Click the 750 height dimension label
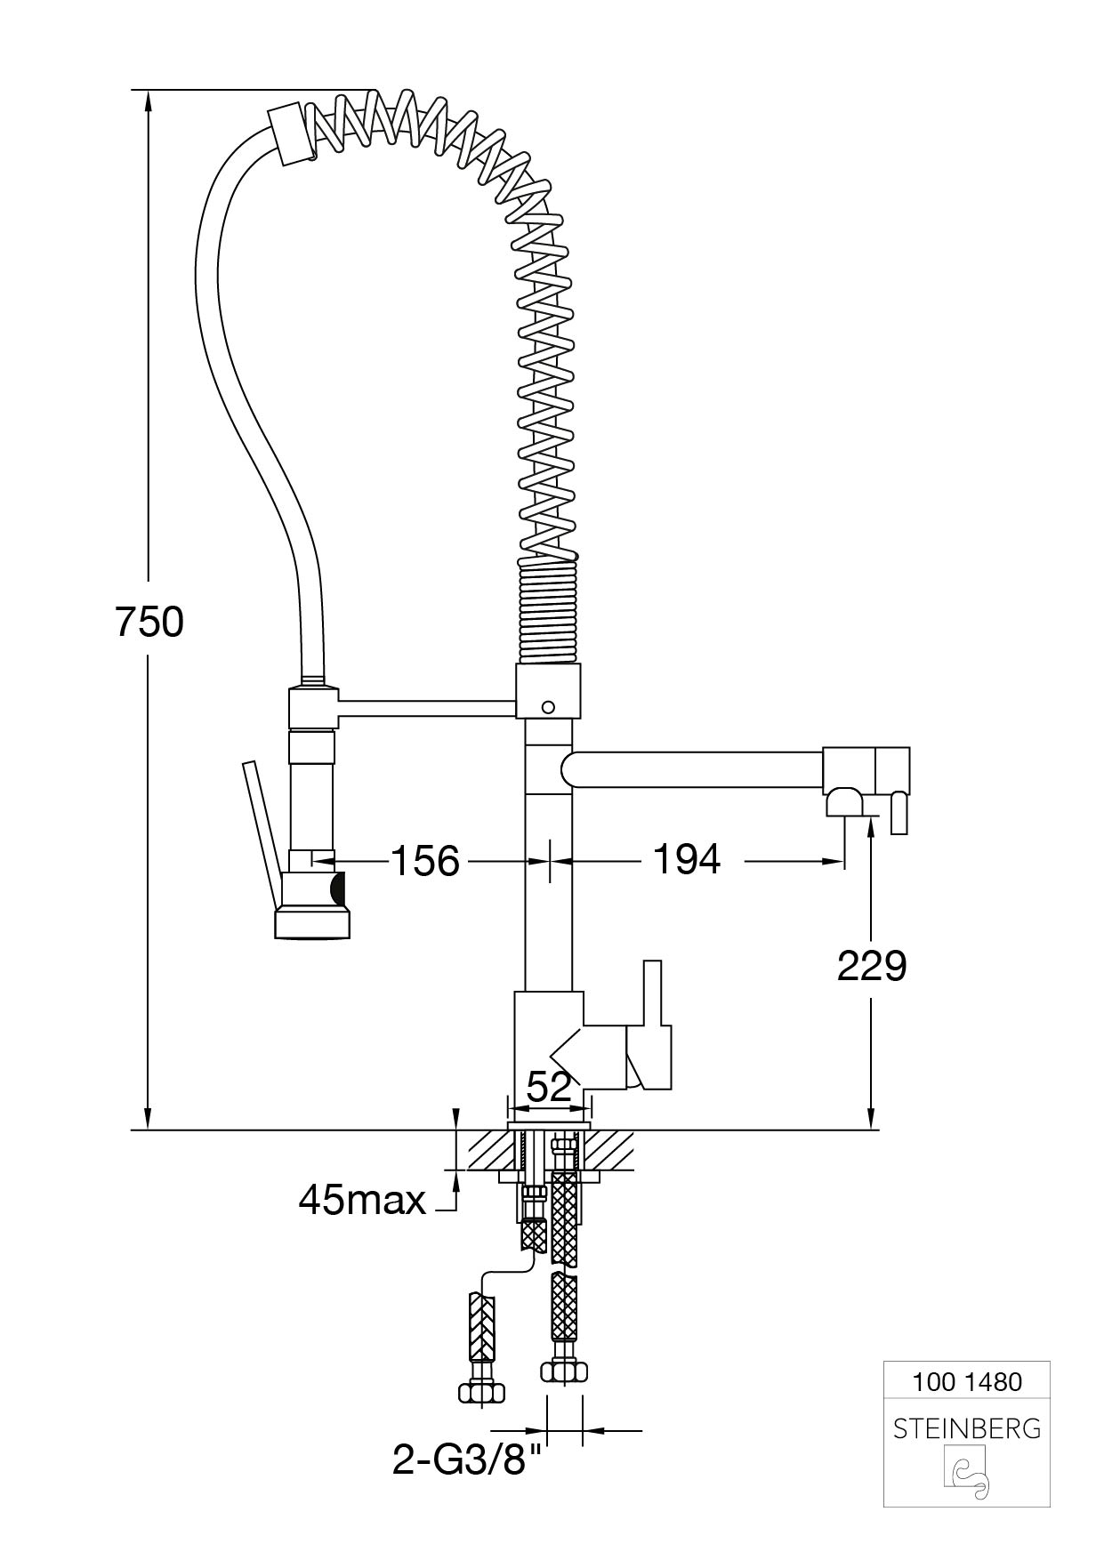(x=149, y=622)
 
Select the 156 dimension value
(x=425, y=861)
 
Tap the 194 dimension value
(x=687, y=859)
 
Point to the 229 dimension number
(x=872, y=966)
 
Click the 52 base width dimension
(x=549, y=1086)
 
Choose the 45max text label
(x=362, y=1200)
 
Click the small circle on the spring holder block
(x=548, y=707)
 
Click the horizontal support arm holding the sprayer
(x=427, y=707)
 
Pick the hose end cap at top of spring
(x=288, y=134)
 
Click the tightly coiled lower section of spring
(x=548, y=612)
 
